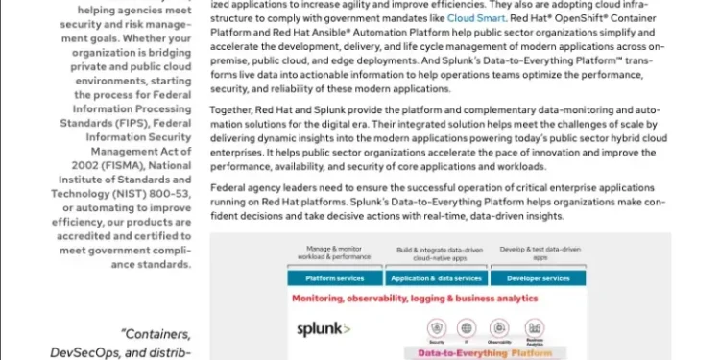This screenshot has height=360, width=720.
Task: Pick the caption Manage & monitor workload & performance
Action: pyautogui.click(x=336, y=254)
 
